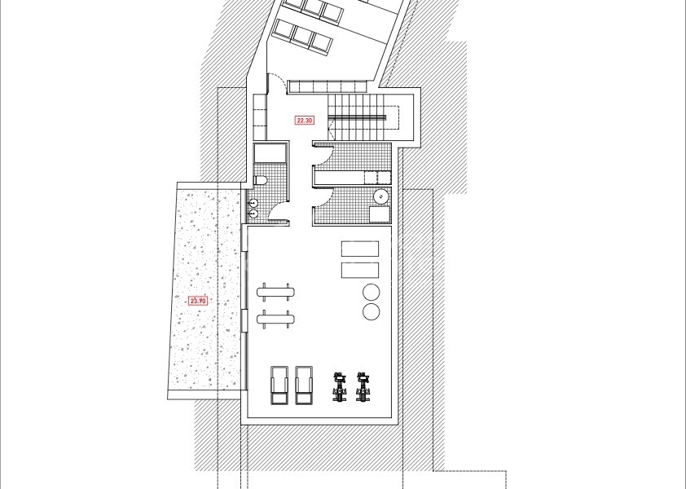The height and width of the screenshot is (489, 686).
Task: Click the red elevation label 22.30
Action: click(x=305, y=121)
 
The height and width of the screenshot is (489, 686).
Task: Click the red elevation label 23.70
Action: click(x=198, y=300)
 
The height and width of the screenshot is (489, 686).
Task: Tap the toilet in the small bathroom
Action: click(x=261, y=180)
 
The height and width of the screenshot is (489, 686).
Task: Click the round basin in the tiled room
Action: click(x=381, y=196)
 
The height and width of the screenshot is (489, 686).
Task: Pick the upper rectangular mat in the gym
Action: click(x=360, y=249)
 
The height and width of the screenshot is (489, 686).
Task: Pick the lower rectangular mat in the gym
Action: click(x=360, y=271)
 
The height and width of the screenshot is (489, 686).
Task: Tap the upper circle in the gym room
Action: click(x=371, y=292)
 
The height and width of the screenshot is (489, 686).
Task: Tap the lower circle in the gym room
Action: click(x=371, y=311)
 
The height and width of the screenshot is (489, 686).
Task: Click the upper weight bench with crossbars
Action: click(x=275, y=289)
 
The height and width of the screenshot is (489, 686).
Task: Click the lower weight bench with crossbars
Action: click(x=275, y=318)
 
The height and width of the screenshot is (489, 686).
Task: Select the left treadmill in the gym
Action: click(x=279, y=384)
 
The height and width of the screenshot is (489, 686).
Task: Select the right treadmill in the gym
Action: click(x=305, y=384)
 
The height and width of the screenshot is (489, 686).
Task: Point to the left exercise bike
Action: click(x=338, y=385)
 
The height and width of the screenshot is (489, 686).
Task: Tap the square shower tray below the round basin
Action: click(x=380, y=214)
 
